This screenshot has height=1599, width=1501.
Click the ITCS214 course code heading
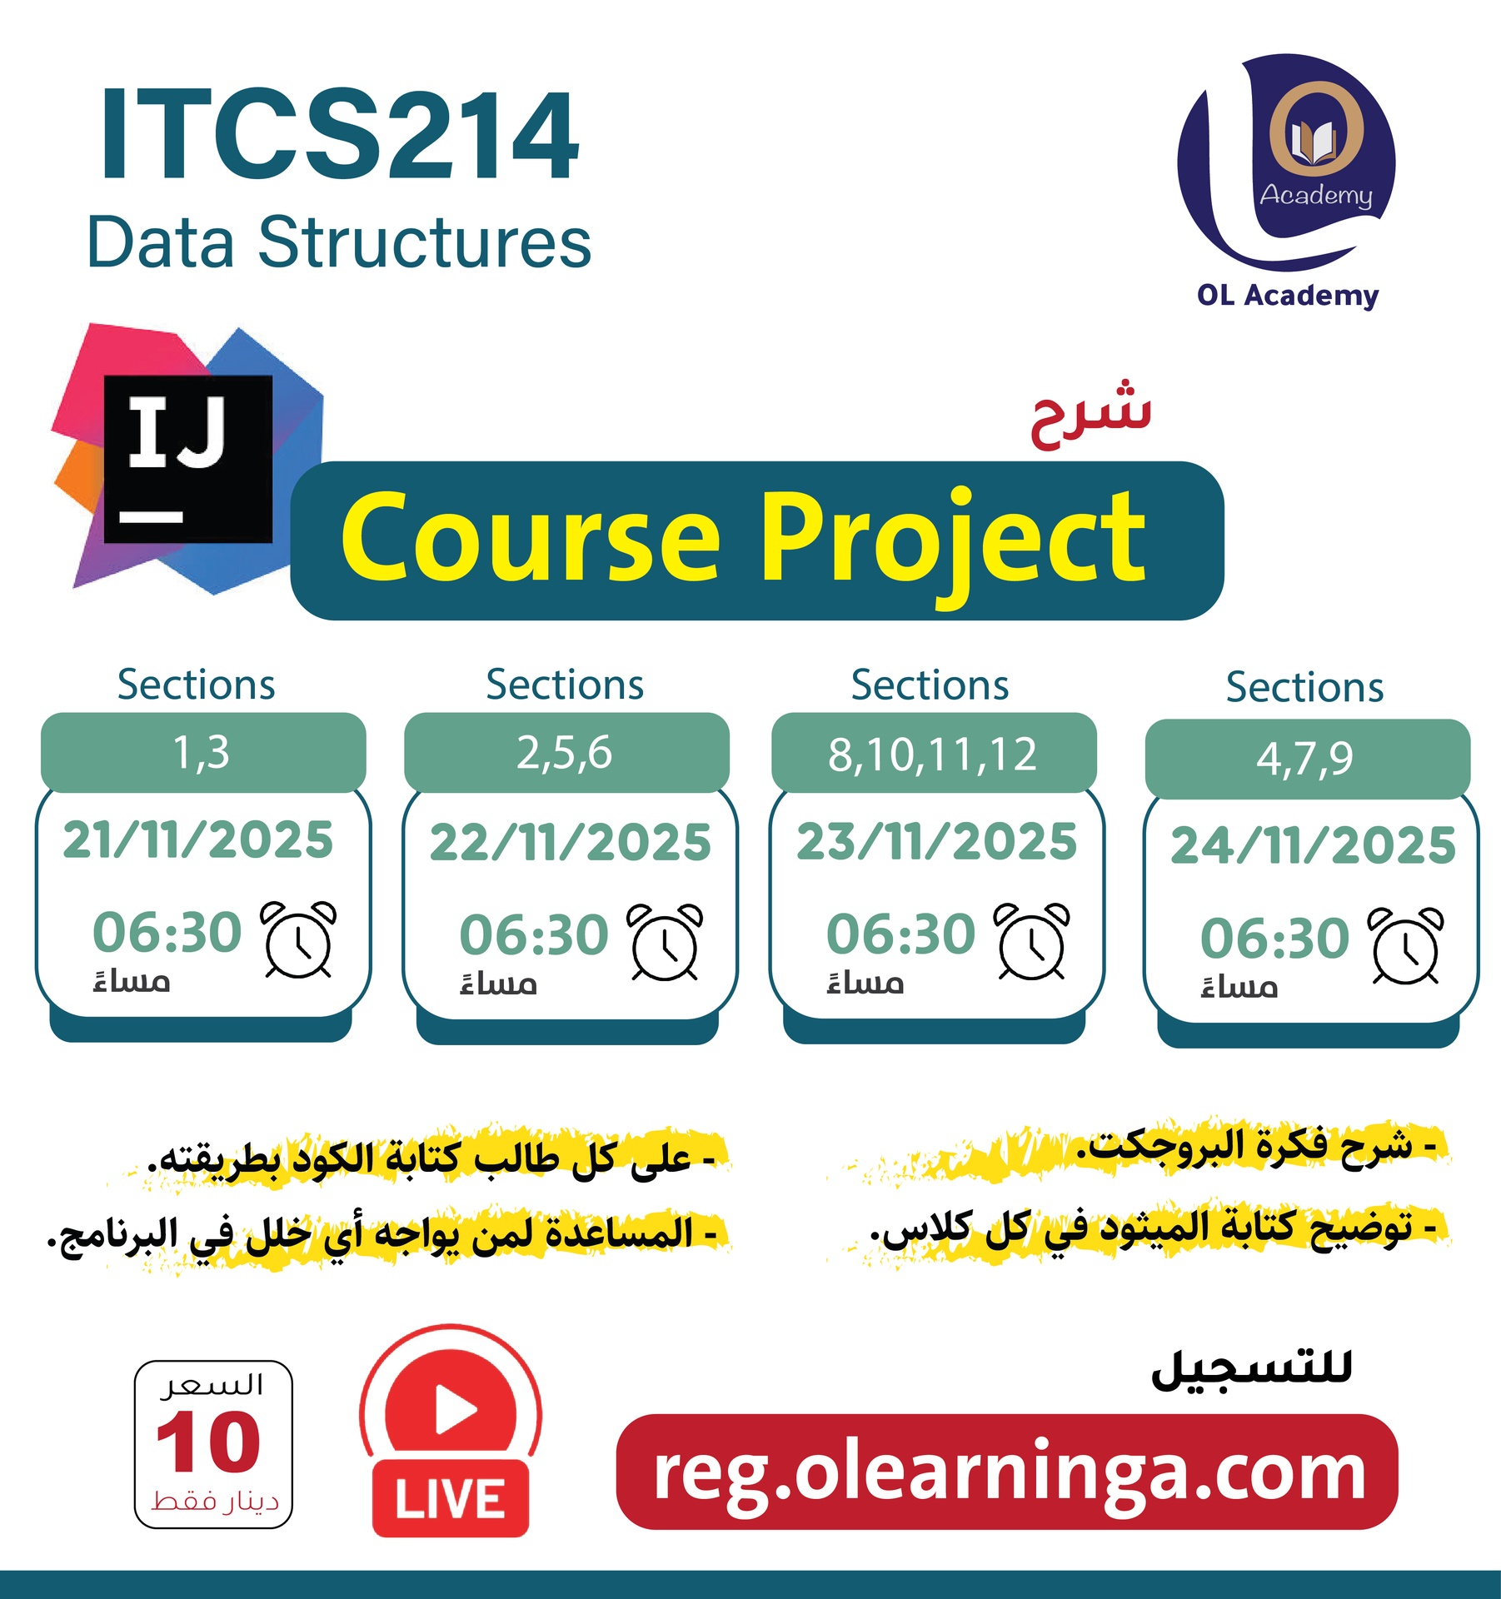click(x=339, y=135)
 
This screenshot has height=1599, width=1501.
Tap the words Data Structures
click(x=339, y=242)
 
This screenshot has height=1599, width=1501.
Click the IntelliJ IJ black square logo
click(x=188, y=459)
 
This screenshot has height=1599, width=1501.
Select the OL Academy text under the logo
click(x=1288, y=296)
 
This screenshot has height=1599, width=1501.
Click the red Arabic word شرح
click(x=1090, y=414)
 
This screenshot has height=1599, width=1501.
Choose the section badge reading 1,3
click(x=202, y=753)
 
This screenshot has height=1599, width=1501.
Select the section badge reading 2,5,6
click(x=566, y=753)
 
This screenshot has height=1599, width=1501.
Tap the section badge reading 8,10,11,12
click(x=933, y=755)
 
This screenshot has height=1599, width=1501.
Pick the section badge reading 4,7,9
click(x=1306, y=759)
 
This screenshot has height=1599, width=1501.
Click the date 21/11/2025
click(x=198, y=839)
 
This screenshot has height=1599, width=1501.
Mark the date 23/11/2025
click(x=937, y=841)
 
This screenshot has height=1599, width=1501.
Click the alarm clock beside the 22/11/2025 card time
click(x=665, y=942)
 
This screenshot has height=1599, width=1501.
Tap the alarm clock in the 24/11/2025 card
click(x=1406, y=946)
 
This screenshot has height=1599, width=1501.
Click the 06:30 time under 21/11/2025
click(x=167, y=932)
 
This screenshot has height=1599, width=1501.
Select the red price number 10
click(x=208, y=1443)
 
